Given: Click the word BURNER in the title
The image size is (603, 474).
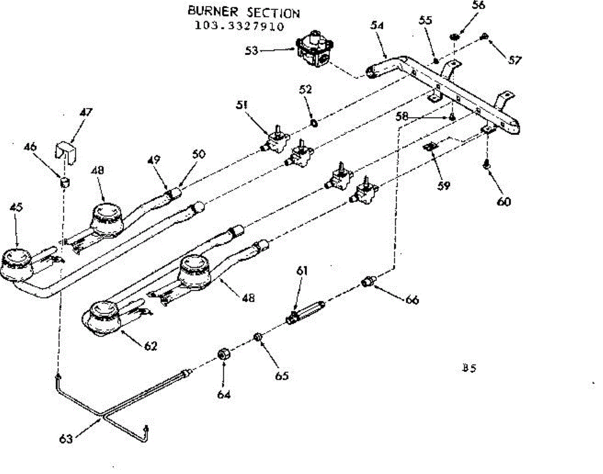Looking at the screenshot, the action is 213,12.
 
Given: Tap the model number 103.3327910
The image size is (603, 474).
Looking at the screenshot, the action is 240,26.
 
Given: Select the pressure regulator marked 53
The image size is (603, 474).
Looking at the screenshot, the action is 315,48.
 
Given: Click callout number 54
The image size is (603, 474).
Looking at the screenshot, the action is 377,26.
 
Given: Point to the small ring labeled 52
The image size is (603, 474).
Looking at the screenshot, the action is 314,123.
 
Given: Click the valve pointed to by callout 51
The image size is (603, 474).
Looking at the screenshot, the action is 276,140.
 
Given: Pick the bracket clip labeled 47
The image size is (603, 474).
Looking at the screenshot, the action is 65,152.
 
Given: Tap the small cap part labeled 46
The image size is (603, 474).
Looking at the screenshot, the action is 65,182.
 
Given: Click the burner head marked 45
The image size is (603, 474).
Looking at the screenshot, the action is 17,264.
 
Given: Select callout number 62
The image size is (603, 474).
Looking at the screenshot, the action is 151,346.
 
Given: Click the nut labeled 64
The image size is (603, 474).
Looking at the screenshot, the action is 224,354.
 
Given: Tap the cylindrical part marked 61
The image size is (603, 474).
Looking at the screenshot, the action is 306,313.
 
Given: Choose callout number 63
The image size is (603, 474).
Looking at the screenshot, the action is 66,439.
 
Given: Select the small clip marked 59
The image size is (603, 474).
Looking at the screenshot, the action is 431,147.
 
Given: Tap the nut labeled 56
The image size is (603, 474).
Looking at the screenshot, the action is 454,37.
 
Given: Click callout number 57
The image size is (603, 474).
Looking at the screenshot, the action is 515,60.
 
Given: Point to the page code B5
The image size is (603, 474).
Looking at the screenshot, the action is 469,368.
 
